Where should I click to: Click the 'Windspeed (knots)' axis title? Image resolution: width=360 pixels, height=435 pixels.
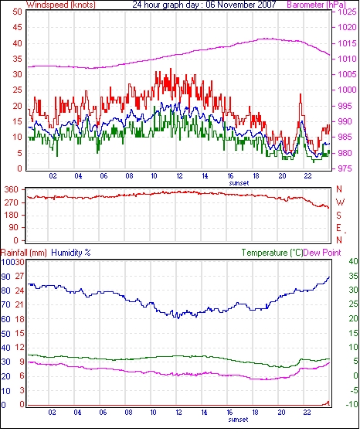pos(61,5)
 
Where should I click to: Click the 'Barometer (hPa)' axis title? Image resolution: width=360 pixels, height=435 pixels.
pos(317,5)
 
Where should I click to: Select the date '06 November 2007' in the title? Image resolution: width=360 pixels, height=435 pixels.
pos(241,5)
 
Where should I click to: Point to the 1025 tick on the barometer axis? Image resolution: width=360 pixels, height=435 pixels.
pos(347,12)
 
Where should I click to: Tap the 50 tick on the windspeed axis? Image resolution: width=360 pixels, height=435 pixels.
pos(17,12)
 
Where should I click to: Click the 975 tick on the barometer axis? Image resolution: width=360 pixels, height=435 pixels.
pos(346,168)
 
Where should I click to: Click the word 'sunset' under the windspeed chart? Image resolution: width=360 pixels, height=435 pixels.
pos(239,183)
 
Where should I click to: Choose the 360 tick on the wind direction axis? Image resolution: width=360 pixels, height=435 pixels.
pos(12,190)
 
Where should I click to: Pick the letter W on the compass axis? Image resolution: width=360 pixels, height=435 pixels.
pos(340,202)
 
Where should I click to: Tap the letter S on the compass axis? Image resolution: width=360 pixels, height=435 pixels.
pos(338,215)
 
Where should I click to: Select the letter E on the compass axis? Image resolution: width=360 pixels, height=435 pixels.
pos(338,228)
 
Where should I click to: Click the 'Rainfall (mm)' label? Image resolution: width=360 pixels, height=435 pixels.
pos(24,253)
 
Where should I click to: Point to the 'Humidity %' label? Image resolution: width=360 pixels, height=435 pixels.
pos(71,253)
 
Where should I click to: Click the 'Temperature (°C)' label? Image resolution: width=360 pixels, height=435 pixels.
pos(272,253)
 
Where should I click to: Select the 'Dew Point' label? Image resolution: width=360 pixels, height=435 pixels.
pos(322,253)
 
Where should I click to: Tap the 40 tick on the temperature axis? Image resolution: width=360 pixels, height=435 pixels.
pos(353,261)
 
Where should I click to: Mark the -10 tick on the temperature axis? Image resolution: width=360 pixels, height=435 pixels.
pos(352,405)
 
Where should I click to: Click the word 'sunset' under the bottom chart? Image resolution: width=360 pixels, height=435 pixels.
pos(238,420)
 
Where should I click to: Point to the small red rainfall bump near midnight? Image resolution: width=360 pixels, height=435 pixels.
pos(328,403)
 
